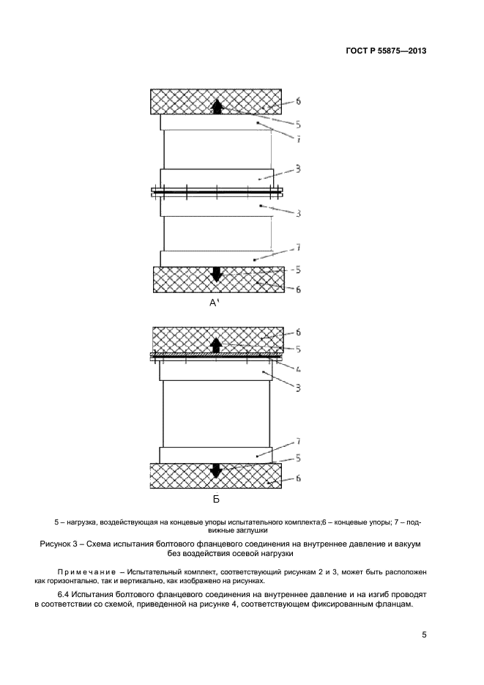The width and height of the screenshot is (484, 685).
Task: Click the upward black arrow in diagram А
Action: [217, 106]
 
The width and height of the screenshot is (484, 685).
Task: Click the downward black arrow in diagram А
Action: [216, 275]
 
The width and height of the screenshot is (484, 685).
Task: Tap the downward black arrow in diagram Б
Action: [216, 470]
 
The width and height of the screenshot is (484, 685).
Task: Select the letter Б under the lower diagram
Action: [216, 501]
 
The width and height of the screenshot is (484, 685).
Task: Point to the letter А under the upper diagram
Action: [213, 303]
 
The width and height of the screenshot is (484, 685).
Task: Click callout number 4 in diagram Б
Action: [298, 366]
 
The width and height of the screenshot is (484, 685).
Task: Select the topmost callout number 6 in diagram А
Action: [298, 101]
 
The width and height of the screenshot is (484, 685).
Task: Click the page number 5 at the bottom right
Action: [425, 635]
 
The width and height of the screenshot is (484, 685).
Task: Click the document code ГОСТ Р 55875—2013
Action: [386, 51]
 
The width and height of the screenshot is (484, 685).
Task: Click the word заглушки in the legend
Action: [248, 529]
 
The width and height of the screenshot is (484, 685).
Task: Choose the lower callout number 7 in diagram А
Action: [298, 248]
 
